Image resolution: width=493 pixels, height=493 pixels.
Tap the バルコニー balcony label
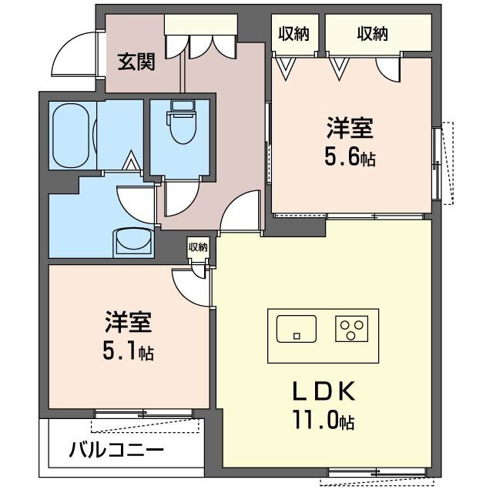coord(116,449)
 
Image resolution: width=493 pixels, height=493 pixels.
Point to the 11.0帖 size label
coord(324,421)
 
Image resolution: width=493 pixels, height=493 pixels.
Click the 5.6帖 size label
coord(350,159)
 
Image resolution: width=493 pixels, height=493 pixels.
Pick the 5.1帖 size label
coord(128,352)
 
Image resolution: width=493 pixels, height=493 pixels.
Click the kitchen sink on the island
coord(295,329)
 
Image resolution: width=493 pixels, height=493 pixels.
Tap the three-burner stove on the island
coord(351,329)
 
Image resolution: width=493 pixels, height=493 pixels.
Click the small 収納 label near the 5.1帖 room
coord(198,247)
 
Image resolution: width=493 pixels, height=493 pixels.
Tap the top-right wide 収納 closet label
coord(372,33)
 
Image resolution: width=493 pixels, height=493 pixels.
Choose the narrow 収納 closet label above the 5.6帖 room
coord(293,33)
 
